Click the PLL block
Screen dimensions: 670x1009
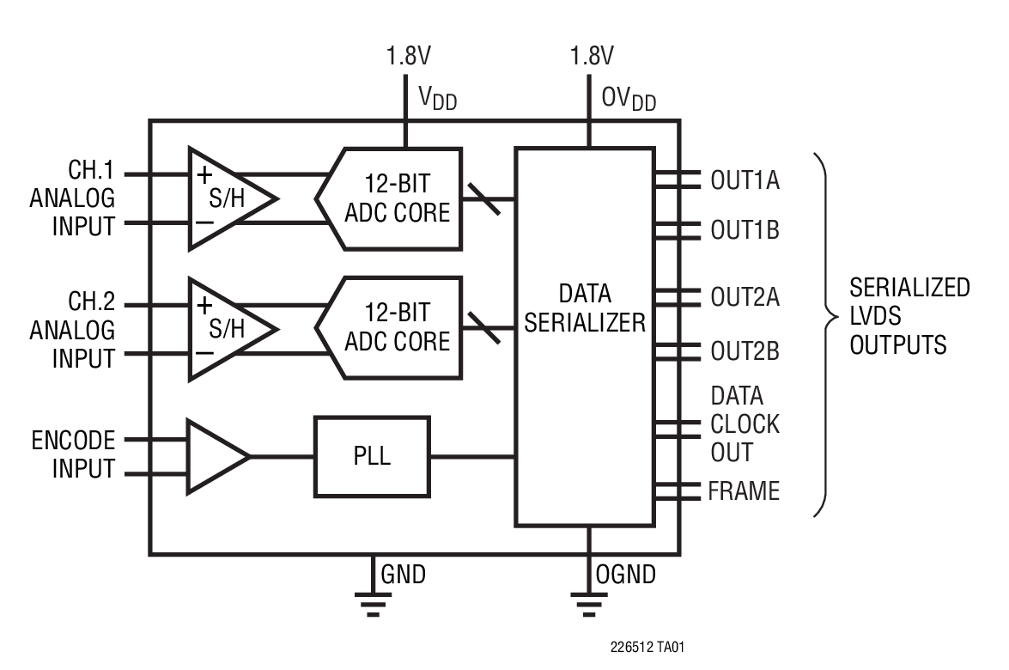coord(372,456)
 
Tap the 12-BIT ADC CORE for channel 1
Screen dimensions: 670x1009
coord(396,198)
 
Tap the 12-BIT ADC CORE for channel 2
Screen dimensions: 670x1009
coord(396,326)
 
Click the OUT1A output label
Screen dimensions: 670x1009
coord(745,180)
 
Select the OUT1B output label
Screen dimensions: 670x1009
coord(745,231)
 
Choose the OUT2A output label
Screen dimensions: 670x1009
coord(745,297)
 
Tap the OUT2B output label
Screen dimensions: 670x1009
coord(745,351)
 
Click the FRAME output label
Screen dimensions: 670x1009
coord(744,491)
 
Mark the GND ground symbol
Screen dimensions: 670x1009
coord(372,605)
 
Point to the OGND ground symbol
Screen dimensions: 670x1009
coord(587,605)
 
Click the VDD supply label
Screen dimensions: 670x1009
coord(437,99)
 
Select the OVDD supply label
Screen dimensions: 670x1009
coord(628,100)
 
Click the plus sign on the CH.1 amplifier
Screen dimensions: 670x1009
coord(205,174)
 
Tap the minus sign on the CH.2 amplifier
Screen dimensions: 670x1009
coord(205,353)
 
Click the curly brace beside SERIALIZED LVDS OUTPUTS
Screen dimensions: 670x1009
coord(825,334)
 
